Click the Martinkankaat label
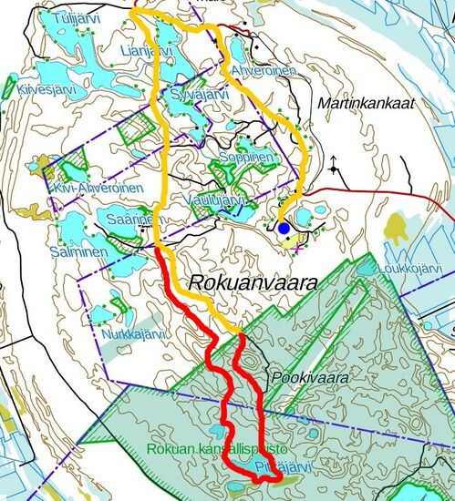point(366,104)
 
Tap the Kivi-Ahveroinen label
point(96,188)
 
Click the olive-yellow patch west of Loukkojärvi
point(399,225)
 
